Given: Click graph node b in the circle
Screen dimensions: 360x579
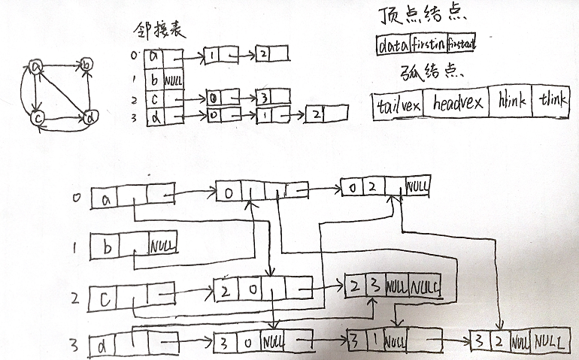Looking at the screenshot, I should point(88,66).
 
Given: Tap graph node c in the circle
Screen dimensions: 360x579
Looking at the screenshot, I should point(36,118).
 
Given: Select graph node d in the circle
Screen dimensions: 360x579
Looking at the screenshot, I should point(89,117).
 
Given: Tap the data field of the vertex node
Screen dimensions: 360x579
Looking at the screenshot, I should point(392,46).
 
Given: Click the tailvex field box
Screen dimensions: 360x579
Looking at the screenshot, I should point(398,105).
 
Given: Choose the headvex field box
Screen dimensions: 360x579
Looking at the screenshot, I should point(456,105).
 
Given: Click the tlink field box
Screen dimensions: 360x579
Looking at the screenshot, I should point(555,105).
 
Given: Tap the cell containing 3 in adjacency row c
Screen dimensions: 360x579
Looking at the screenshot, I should point(264,98).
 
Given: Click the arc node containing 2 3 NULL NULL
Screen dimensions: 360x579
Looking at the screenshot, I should point(392,286).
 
